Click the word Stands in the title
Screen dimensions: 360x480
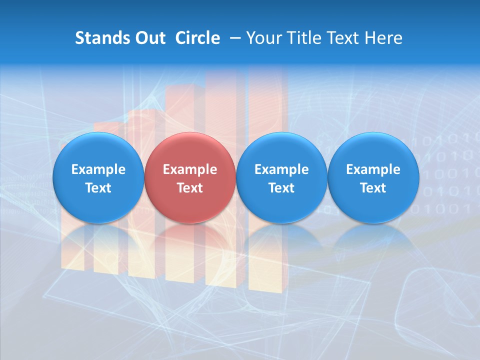(x=100, y=38)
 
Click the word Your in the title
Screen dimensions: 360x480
(x=263, y=38)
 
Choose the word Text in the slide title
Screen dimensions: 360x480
(x=341, y=38)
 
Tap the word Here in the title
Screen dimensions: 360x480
(x=383, y=38)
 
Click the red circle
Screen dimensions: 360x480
(x=190, y=177)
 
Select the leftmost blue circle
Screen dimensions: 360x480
(x=98, y=177)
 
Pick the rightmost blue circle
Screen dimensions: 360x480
(x=373, y=177)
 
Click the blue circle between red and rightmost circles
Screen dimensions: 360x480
(x=281, y=177)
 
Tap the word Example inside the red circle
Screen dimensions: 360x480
(x=190, y=169)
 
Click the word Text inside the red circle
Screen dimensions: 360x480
(x=190, y=188)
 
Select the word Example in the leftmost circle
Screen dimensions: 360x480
(x=98, y=169)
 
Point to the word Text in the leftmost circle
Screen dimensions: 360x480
(x=98, y=188)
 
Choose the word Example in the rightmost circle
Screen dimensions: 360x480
(x=373, y=169)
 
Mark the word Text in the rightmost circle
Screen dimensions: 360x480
(x=373, y=188)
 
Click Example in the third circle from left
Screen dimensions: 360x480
(x=281, y=169)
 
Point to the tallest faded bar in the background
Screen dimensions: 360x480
(x=267, y=100)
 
